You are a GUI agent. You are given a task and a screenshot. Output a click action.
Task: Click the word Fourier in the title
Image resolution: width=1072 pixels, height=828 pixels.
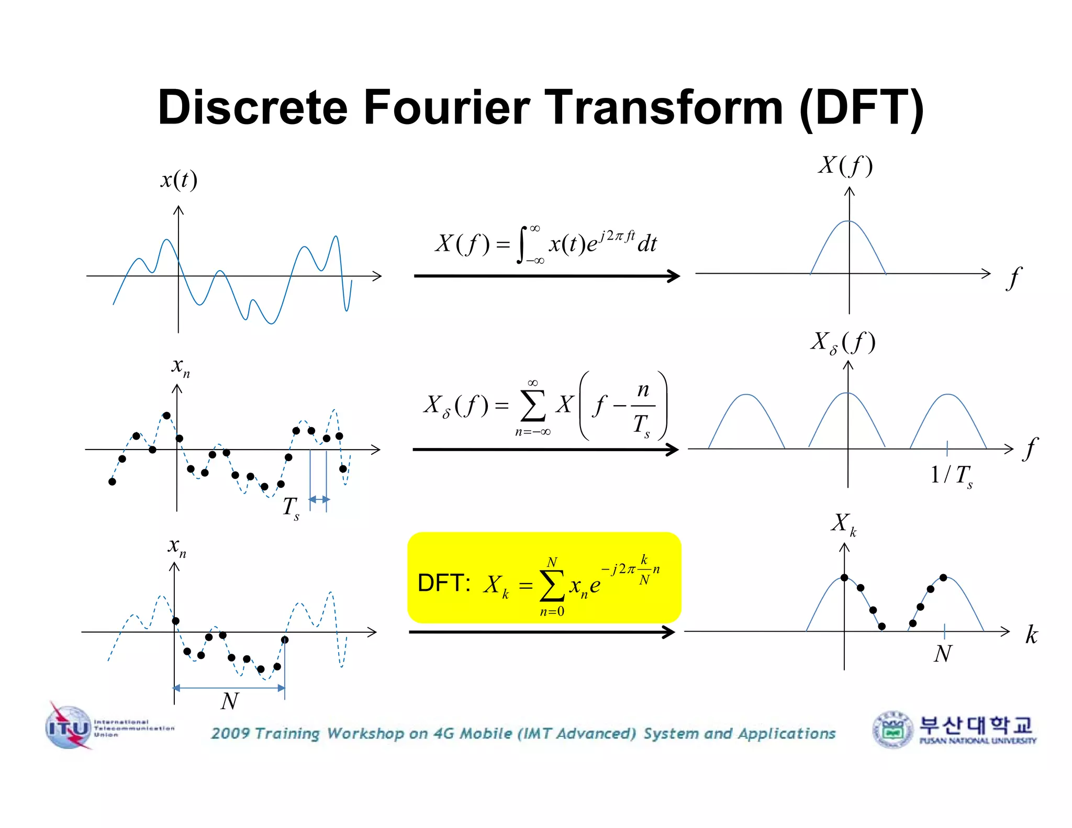tap(446, 107)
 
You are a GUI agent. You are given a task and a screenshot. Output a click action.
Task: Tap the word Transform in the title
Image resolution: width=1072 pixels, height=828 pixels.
tap(664, 107)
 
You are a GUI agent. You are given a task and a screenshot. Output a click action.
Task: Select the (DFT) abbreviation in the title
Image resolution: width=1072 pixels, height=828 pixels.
tap(862, 107)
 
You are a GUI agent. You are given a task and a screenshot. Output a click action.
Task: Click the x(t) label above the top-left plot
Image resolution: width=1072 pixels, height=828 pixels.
tap(178, 180)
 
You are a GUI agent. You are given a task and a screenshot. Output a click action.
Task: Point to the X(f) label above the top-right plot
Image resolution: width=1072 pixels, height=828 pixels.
tap(845, 165)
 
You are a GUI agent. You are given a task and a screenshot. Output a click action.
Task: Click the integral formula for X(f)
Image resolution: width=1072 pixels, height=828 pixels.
tap(546, 244)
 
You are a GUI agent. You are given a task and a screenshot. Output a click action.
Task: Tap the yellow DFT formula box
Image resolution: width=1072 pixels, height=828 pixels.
tap(544, 578)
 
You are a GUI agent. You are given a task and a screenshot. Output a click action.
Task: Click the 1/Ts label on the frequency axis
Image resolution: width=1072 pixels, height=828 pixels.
tap(951, 476)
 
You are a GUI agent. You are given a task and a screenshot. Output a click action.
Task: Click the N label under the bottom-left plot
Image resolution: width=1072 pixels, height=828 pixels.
tap(229, 701)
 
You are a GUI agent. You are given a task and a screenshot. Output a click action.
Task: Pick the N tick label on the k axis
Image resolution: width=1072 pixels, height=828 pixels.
tap(943, 654)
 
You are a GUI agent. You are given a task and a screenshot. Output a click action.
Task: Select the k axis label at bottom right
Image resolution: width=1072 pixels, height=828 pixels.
tap(1031, 634)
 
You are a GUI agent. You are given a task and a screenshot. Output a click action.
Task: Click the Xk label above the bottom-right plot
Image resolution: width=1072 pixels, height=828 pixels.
tap(843, 523)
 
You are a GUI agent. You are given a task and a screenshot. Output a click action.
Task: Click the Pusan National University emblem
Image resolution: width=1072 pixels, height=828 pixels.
tap(893, 729)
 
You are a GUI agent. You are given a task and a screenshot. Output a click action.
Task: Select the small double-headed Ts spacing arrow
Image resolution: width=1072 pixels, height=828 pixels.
tap(319, 500)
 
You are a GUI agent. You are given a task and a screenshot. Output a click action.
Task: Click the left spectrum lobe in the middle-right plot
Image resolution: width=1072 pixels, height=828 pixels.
tap(746, 419)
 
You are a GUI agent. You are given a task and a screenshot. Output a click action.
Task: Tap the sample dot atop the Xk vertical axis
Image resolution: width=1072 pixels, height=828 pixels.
tap(844, 577)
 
